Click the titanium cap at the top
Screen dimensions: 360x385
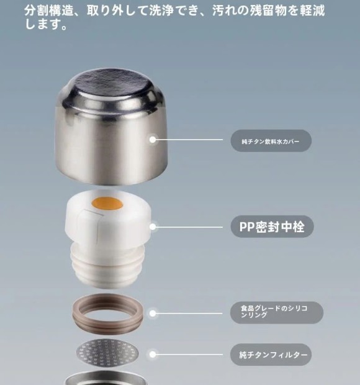(111, 127)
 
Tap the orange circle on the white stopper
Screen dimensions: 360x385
(107, 203)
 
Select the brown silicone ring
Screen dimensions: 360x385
(108, 314)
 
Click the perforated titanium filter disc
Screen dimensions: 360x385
(107, 353)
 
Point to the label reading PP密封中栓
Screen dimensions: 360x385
(272, 227)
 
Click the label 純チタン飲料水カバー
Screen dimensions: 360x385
(271, 141)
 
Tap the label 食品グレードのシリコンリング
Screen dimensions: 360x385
(277, 312)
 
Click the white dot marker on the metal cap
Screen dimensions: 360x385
(153, 140)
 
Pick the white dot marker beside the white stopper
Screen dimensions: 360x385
(153, 227)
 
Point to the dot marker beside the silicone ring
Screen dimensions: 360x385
(153, 314)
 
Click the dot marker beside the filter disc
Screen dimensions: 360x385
(153, 355)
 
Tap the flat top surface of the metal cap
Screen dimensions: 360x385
(112, 84)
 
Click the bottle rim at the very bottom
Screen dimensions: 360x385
(106, 378)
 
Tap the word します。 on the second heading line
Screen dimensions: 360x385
(46, 25)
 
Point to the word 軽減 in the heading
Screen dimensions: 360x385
(312, 11)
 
